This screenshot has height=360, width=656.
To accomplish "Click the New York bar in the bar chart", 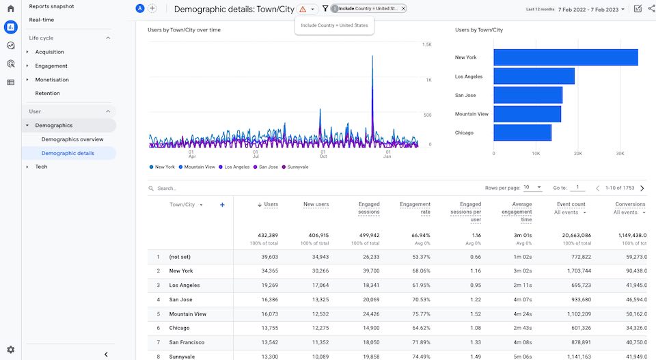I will click(x=565, y=57).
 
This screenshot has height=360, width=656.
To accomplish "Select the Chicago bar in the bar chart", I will click(x=522, y=133).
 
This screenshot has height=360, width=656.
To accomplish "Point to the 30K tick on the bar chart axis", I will click(x=620, y=153).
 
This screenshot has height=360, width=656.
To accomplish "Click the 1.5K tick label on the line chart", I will click(x=426, y=44).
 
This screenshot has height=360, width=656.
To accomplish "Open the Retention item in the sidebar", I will click(x=48, y=93).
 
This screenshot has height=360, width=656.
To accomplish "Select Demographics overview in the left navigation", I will click(x=72, y=139).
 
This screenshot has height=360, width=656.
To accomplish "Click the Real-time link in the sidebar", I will click(x=42, y=20).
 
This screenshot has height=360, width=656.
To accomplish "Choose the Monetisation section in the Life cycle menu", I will click(x=52, y=80).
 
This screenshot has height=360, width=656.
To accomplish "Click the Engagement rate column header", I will click(x=415, y=208).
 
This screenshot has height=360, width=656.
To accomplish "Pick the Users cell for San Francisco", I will click(x=269, y=342).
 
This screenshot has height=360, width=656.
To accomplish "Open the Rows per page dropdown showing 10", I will click(x=533, y=187).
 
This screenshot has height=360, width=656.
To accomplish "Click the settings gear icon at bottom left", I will click(x=10, y=350).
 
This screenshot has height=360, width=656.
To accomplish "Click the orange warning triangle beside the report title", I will click(x=303, y=9).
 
